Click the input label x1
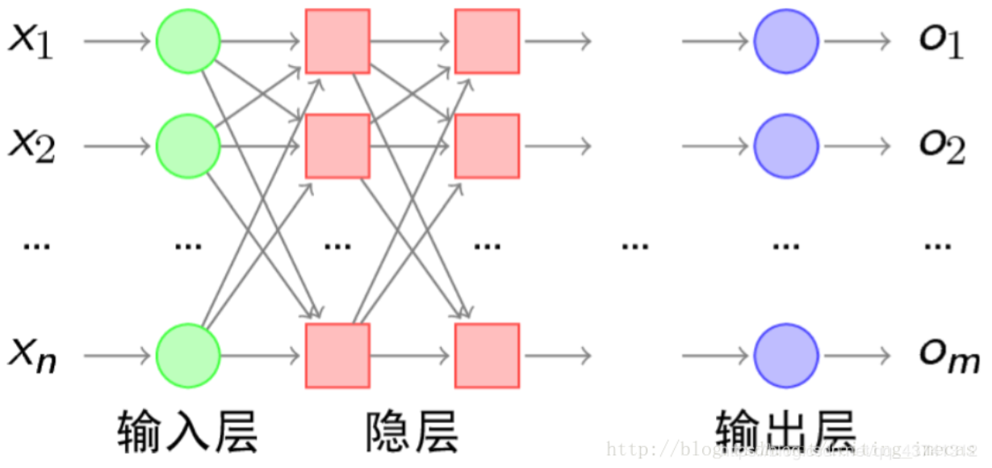click(31, 41)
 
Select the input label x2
click(31, 147)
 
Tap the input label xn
click(32, 356)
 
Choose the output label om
click(948, 356)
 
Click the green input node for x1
click(188, 41)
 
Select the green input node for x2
click(188, 146)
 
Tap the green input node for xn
click(188, 355)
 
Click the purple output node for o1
click(786, 41)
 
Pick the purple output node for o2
click(786, 146)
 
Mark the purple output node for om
click(786, 355)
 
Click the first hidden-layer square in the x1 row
click(337, 41)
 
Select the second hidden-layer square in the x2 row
click(487, 146)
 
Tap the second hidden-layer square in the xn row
click(487, 355)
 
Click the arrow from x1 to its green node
click(117, 41)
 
